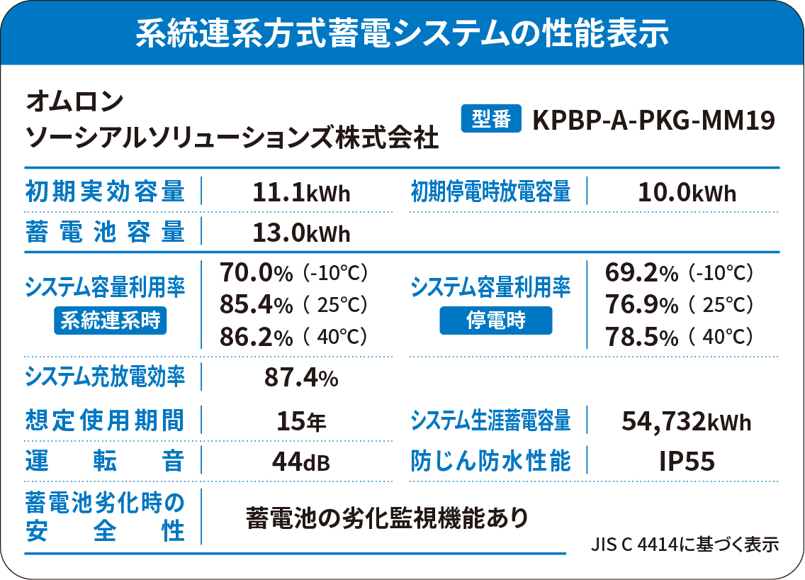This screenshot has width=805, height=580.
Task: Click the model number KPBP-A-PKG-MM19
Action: point(653,120)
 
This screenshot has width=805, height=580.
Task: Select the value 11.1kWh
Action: point(301,192)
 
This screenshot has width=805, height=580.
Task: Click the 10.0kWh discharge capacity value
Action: point(687,192)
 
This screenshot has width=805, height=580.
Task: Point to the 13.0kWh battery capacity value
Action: point(301,232)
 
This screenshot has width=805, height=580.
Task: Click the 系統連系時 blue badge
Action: point(110,320)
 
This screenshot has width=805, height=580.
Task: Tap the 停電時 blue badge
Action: point(495,320)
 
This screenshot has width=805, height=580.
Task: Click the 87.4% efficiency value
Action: point(300,378)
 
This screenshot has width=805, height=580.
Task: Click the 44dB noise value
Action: point(301,462)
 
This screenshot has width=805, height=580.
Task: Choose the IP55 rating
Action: point(686,462)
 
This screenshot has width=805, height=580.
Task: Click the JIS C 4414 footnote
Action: point(685,545)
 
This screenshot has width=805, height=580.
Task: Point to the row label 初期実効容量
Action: point(105,191)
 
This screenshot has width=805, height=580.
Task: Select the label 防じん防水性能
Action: point(490,462)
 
